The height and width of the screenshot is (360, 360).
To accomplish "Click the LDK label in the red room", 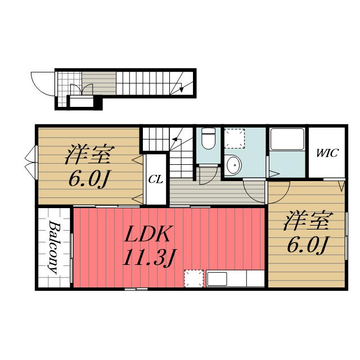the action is click(x=147, y=234).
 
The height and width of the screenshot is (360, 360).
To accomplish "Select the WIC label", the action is click(x=327, y=153).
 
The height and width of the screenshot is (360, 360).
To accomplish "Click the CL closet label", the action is click(x=155, y=179).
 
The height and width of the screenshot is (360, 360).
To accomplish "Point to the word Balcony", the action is click(x=53, y=247).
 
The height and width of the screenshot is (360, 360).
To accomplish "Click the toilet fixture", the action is click(x=208, y=138).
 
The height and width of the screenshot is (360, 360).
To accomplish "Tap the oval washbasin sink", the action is click(x=234, y=165).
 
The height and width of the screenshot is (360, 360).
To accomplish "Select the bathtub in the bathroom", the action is click(x=287, y=139).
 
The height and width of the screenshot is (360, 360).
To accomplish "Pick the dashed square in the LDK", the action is click(x=193, y=278).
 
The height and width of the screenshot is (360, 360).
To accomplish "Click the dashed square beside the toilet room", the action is click(x=235, y=138).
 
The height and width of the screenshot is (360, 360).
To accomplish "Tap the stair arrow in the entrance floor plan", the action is click(x=181, y=87).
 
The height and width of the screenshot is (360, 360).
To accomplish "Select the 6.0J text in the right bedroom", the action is click(x=307, y=245).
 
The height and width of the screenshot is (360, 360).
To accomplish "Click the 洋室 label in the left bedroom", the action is click(x=90, y=154).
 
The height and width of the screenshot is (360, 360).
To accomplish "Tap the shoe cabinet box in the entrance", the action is click(x=82, y=102).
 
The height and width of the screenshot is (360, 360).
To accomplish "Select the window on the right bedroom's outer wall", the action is click(x=346, y=236).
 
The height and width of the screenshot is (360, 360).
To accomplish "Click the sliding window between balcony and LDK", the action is click(x=71, y=258).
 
